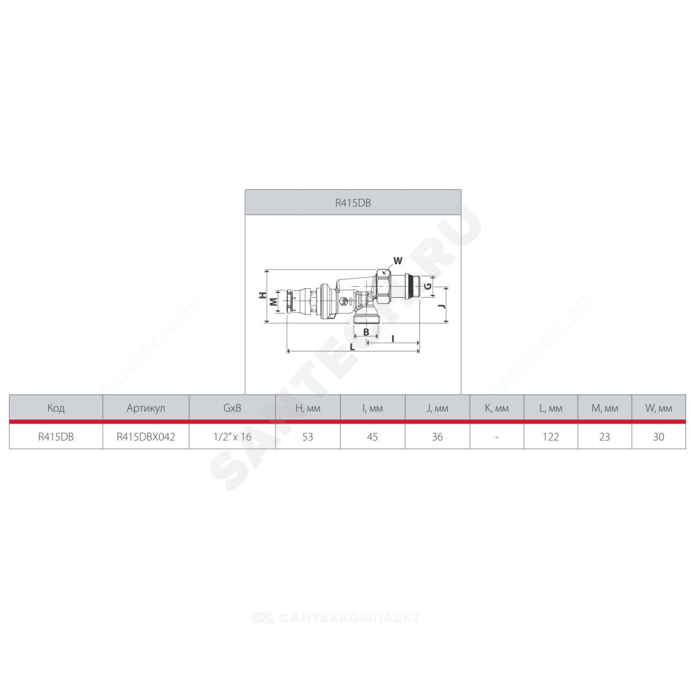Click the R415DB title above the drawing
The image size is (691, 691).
click(x=353, y=203)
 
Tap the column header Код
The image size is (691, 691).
click(x=56, y=408)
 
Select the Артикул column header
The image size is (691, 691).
click(x=146, y=408)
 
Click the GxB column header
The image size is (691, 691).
click(x=232, y=408)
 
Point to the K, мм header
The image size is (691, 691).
click(x=497, y=408)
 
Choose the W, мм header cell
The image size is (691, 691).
click(x=659, y=408)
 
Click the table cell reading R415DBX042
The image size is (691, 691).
click(x=146, y=437)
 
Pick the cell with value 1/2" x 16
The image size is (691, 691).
click(x=232, y=437)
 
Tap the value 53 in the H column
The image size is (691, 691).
click(x=307, y=437)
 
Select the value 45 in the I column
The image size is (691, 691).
click(x=372, y=437)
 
